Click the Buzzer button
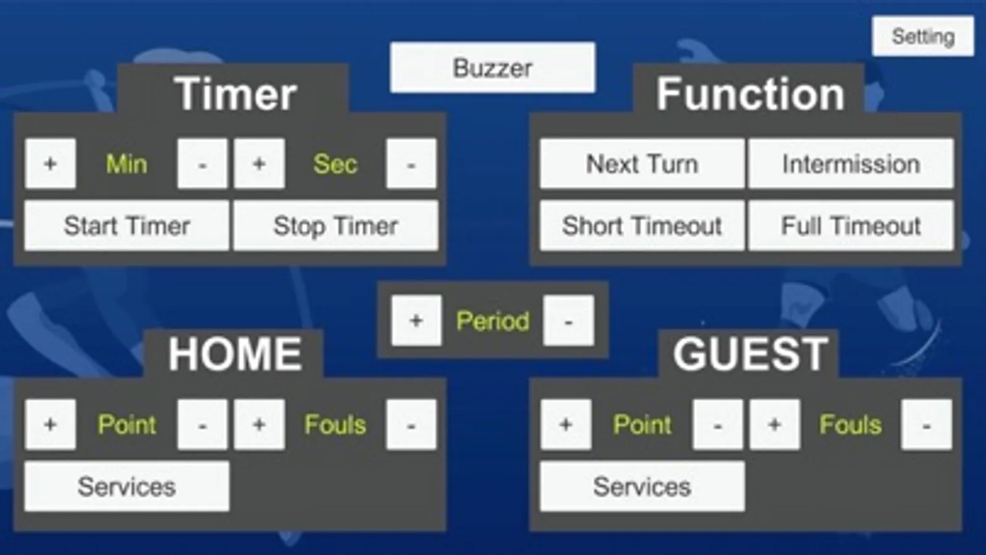tap(492, 68)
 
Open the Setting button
tap(922, 36)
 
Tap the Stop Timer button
tap(335, 226)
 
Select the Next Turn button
tap(642, 164)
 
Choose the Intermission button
tap(850, 164)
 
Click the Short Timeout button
tap(642, 226)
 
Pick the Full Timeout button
tap(850, 226)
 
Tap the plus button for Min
tap(51, 164)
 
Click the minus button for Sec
tap(411, 164)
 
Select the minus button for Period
tap(568, 321)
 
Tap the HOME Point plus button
tap(51, 424)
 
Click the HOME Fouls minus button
tap(411, 424)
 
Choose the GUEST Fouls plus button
tap(774, 424)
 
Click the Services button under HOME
tap(126, 487)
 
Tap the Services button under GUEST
tap(642, 487)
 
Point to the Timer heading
tap(235, 94)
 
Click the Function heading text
tap(750, 94)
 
